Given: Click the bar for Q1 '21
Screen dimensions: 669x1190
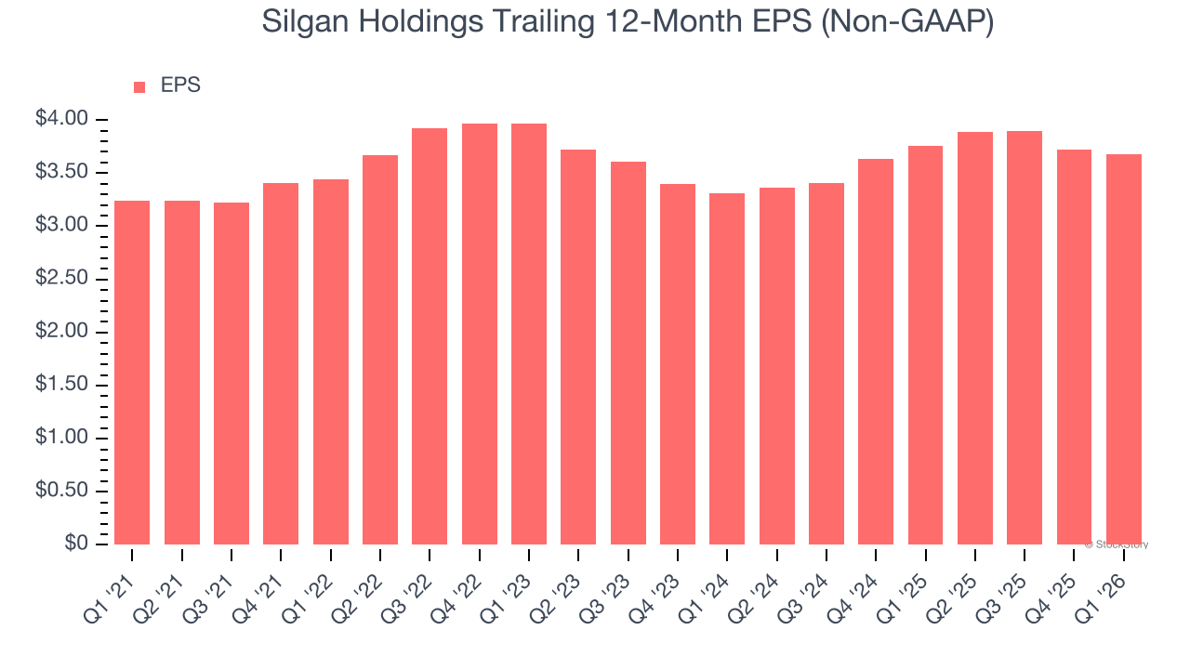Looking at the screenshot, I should [x=132, y=372].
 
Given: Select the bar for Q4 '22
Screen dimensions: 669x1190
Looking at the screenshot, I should [x=480, y=334].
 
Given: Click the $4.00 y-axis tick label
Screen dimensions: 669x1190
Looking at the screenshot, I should [x=61, y=119].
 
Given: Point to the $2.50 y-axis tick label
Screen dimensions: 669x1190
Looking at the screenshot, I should [x=61, y=279].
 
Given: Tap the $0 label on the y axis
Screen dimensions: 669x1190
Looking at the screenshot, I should [x=77, y=544].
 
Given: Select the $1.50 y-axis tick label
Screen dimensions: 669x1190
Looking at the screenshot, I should [x=61, y=385].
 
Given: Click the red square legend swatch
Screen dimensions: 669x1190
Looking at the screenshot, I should [x=139, y=87].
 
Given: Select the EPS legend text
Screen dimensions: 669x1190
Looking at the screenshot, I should [x=180, y=85].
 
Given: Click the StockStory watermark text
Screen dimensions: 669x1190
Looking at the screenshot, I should [x=1119, y=544].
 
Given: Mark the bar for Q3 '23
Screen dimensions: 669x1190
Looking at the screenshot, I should [x=628, y=353].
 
